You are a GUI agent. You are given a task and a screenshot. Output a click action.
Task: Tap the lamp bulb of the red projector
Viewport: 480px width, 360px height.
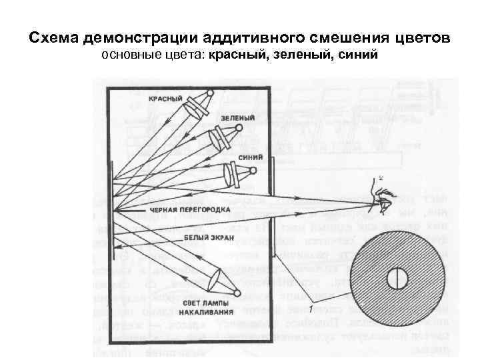209,94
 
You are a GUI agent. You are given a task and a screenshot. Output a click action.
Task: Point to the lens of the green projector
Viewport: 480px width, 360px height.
217,139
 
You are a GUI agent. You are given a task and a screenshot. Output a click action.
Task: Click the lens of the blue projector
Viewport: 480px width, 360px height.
230,175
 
